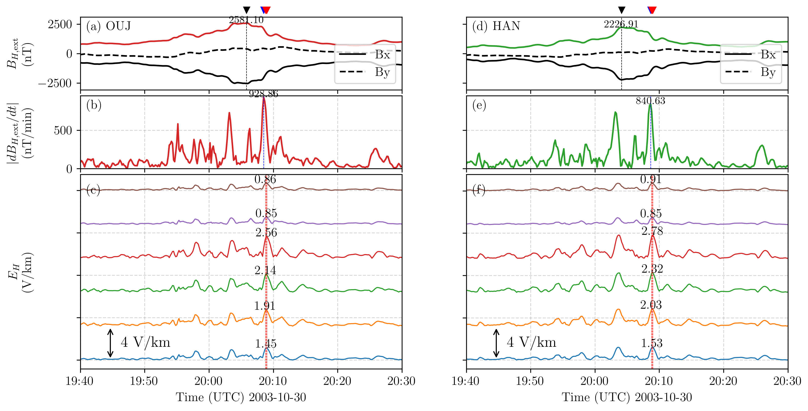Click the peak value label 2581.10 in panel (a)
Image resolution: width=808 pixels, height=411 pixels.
[246, 20]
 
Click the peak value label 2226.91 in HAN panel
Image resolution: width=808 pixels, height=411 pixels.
[621, 24]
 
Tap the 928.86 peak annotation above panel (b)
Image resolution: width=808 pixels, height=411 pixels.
[263, 94]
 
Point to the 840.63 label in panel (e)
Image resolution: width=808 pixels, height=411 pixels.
[650, 101]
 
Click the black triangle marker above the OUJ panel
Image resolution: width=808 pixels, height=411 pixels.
[247, 10]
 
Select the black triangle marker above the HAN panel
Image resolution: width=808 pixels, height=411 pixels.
[621, 10]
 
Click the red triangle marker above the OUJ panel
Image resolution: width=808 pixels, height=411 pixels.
[267, 10]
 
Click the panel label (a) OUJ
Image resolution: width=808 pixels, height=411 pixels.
[108, 26]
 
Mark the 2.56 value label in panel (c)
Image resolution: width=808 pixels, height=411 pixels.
[266, 233]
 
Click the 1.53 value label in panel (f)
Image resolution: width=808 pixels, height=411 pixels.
[652, 343]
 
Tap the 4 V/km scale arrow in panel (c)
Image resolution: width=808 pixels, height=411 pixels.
[110, 343]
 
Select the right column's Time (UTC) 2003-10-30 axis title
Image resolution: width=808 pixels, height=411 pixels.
[626, 398]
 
